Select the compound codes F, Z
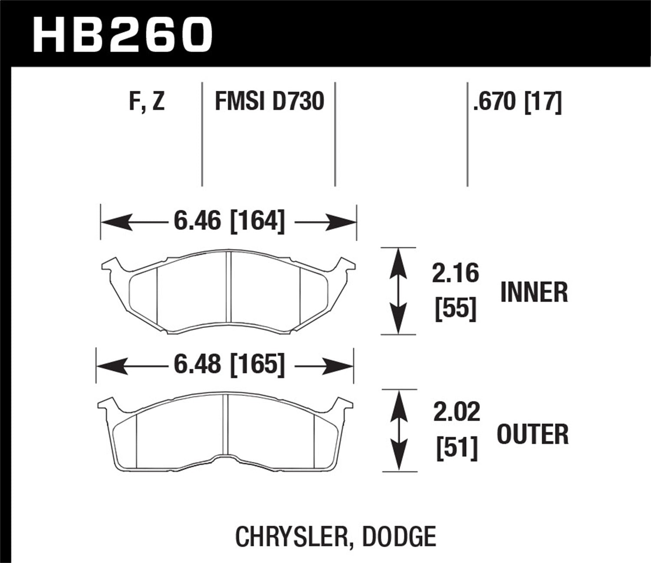pos(147,102)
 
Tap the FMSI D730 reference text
pos(270,102)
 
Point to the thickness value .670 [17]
pos(518,102)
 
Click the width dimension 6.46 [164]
pos(229,222)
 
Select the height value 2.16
pos(455,274)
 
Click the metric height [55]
pos(455,309)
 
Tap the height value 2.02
pos(457,413)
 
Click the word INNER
pos(534,292)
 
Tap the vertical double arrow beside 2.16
pos(398,291)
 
